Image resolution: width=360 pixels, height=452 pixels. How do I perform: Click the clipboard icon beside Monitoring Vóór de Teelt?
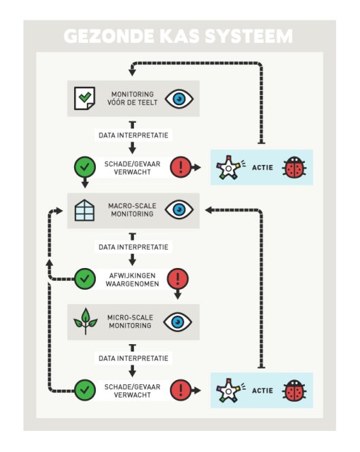(84, 98)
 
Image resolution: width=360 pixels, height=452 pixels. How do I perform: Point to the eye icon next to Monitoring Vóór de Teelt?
(179, 98)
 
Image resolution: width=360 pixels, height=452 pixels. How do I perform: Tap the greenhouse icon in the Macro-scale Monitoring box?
(84, 210)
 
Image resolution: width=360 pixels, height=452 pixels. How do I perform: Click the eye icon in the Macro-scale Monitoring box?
(179, 210)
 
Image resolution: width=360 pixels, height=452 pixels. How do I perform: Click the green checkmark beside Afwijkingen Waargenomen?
(84, 278)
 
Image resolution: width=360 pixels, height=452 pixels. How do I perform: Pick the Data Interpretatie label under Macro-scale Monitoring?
(132, 246)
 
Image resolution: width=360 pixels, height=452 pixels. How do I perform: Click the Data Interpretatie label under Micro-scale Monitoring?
(132, 358)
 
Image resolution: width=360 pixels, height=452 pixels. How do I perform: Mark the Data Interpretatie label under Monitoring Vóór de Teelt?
(132, 135)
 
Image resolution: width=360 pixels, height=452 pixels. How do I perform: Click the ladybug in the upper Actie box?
(293, 167)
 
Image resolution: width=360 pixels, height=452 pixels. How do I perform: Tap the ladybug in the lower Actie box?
(293, 390)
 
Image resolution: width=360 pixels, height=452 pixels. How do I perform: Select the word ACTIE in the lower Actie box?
(262, 390)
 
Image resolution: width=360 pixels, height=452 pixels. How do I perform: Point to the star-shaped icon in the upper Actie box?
(230, 167)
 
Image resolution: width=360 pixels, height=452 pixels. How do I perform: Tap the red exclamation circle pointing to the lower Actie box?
(180, 390)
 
